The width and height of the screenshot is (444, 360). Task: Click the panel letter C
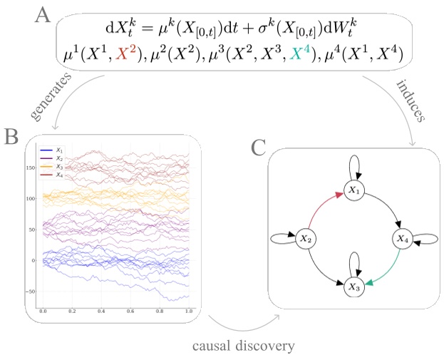pos(259,148)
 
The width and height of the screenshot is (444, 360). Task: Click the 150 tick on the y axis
pos(31,168)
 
